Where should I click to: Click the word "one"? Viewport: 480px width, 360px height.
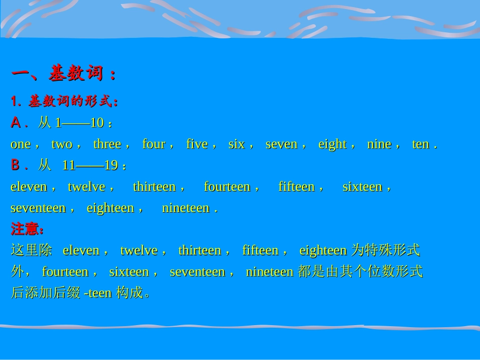tap(21, 144)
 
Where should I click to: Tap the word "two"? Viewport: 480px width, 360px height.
tap(62, 144)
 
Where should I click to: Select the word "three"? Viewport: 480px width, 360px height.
tap(107, 144)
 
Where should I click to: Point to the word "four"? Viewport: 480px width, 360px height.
tap(154, 144)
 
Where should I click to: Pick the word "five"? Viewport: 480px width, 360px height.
tap(197, 144)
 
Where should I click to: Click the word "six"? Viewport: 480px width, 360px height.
tap(236, 144)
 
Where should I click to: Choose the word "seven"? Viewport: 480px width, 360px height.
tap(281, 144)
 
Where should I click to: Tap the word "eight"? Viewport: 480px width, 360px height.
tap(332, 144)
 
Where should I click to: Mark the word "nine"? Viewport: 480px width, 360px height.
tap(379, 144)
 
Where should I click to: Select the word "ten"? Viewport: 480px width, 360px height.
tap(420, 144)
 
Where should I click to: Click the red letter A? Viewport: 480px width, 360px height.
tap(16, 123)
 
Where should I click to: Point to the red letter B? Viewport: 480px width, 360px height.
tap(16, 166)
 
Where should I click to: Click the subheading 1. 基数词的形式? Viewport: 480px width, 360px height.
tap(64, 101)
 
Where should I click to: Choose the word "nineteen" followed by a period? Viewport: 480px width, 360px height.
tap(185, 208)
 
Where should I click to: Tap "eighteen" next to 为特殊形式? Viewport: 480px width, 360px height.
tap(323, 250)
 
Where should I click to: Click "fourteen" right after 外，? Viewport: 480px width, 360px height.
tap(65, 272)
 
